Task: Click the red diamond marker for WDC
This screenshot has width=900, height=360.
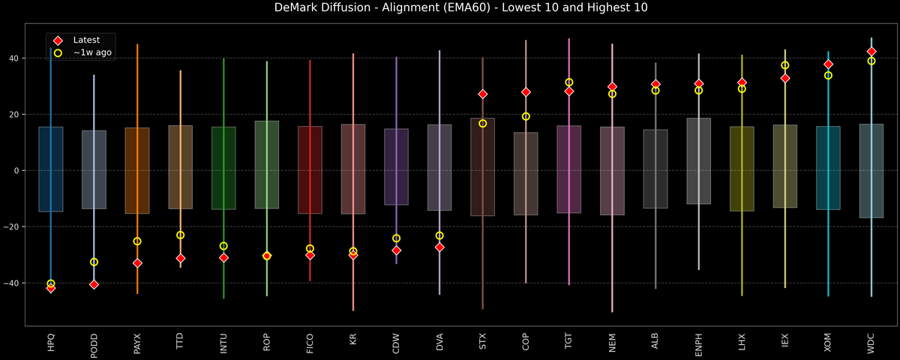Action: click(x=871, y=52)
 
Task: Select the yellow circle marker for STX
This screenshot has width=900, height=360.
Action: click(x=483, y=124)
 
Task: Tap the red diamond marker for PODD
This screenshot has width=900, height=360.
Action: click(x=94, y=284)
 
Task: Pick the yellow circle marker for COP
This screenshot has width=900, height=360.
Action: click(x=526, y=116)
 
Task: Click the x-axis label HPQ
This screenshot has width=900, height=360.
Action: click(x=51, y=343)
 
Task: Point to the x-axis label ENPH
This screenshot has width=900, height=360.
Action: click(x=699, y=345)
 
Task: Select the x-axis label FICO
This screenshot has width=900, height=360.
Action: click(x=310, y=344)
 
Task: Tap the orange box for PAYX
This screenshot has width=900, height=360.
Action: click(x=137, y=171)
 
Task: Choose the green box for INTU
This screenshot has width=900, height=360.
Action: click(x=223, y=168)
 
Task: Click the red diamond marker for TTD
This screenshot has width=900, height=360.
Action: click(x=180, y=258)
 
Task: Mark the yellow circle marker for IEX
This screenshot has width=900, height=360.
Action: click(x=785, y=65)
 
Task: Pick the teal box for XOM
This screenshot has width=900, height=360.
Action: click(x=828, y=168)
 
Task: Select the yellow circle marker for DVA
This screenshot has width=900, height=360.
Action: click(x=439, y=235)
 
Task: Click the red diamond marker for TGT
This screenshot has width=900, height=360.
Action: click(x=569, y=91)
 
